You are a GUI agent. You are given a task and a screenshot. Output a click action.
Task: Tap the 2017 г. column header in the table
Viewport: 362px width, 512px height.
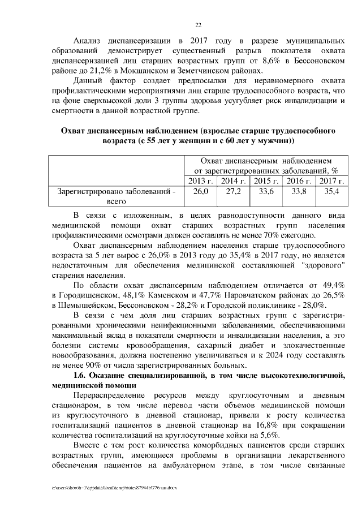pyautogui.click(x=332, y=180)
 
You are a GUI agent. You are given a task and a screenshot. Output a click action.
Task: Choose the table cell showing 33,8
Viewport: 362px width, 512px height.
pyautogui.click(x=299, y=191)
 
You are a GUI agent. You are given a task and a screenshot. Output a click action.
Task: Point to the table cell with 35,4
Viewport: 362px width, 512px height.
pyautogui.click(x=332, y=191)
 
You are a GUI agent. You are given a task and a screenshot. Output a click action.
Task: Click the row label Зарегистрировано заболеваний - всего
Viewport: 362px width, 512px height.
pyautogui.click(x=117, y=196)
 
